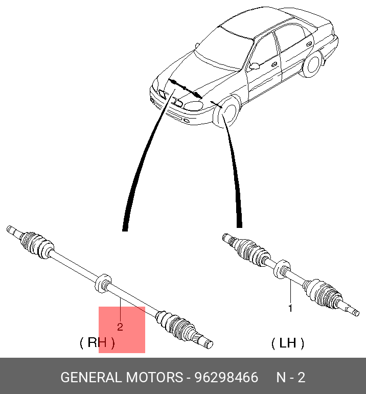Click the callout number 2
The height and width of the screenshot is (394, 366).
120,327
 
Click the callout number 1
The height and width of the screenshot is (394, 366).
290,308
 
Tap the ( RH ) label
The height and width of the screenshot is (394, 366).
97,342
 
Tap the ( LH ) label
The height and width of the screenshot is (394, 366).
288,343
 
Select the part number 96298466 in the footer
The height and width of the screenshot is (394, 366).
226,378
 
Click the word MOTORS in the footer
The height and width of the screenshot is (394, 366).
154,378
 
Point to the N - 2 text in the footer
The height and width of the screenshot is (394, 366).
291,378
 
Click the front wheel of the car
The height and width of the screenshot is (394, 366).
228,112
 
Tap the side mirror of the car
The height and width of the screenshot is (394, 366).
254,66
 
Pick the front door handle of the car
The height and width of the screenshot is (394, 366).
274,64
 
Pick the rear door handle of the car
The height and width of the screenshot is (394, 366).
309,43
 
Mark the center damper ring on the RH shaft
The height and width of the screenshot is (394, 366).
103,283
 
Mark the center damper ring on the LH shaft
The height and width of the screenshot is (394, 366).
282,269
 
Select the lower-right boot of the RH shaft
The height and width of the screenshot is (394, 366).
175,325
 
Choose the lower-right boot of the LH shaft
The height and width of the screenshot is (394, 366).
322,293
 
